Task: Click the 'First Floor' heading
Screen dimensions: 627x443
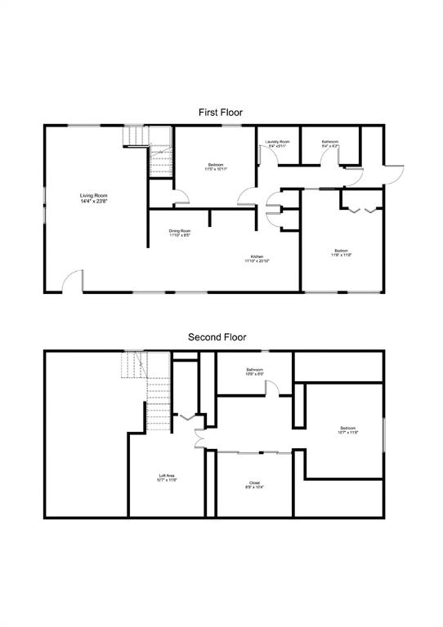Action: click(221, 112)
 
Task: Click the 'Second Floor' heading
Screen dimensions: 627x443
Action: click(217, 336)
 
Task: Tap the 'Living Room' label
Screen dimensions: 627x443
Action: click(93, 195)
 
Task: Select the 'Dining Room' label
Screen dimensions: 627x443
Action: click(180, 231)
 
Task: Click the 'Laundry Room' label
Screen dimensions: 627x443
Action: click(277, 141)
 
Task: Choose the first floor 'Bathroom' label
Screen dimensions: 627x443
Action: click(329, 141)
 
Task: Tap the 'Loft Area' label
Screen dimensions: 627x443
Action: click(167, 475)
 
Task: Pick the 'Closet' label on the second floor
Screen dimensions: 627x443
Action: click(254, 482)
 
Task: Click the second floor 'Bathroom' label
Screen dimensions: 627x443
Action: click(254, 370)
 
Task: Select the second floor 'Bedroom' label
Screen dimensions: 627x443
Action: click(348, 428)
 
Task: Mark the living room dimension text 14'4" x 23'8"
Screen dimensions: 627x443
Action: click(93, 201)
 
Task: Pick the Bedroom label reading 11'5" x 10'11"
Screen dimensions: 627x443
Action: click(217, 167)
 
